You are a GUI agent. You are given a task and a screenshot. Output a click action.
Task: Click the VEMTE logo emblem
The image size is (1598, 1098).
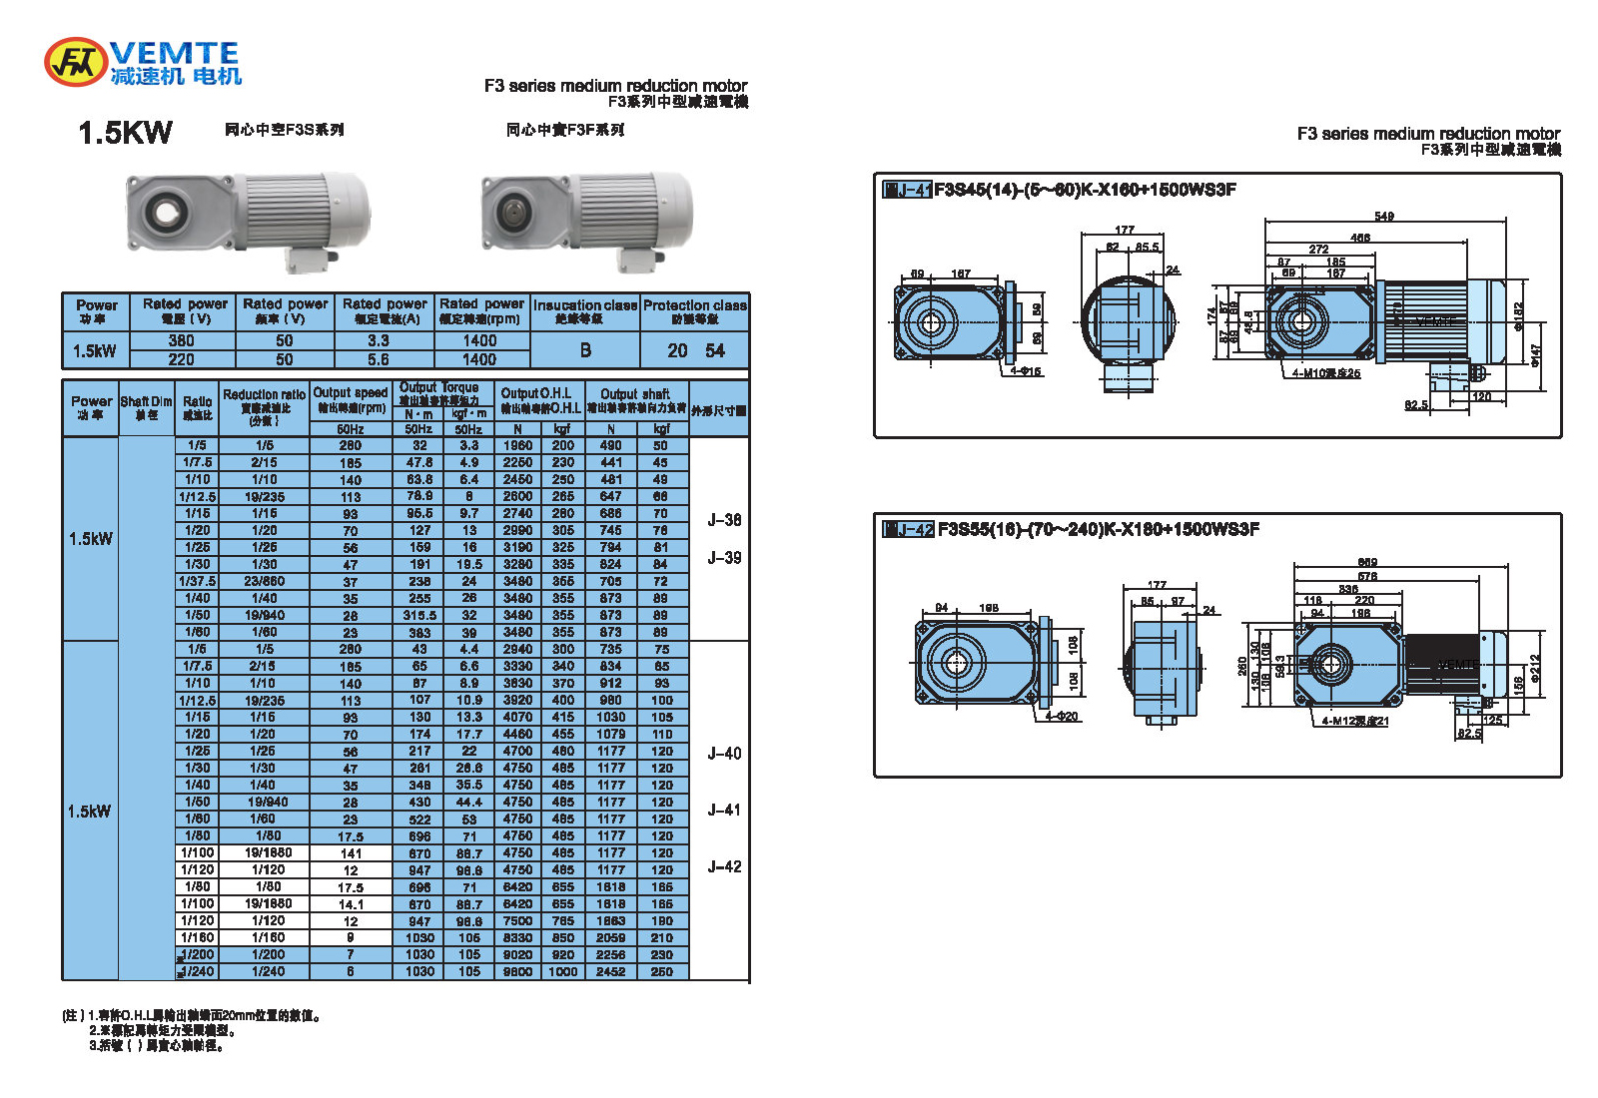[x=75, y=62]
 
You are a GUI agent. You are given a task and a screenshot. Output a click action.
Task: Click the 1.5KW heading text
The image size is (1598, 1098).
[x=125, y=133]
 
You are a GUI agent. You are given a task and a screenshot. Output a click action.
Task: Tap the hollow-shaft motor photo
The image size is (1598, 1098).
[x=248, y=218]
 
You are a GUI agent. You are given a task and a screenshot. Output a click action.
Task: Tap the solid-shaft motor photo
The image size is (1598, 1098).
[x=587, y=218]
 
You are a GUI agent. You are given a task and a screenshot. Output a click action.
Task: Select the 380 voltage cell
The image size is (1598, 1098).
[x=182, y=341]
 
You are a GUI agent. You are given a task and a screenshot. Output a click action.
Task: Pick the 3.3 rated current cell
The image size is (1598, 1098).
[x=379, y=341]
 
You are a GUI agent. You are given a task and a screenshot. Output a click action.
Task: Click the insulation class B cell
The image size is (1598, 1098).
[x=585, y=350]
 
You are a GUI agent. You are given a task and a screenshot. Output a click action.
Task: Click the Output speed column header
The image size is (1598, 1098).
[x=350, y=400]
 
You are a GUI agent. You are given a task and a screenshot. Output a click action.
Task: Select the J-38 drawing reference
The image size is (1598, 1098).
[x=724, y=520]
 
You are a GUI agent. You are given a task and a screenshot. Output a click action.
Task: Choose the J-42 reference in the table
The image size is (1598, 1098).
[x=724, y=866]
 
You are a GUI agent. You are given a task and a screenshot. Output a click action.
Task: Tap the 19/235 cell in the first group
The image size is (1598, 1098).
[x=264, y=497]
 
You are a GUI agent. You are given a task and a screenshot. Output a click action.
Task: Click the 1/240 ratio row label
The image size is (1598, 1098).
[x=198, y=971]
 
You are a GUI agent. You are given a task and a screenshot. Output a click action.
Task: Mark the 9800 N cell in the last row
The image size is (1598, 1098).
[x=517, y=971]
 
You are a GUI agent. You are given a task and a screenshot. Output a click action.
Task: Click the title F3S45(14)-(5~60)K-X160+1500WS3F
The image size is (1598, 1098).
[x=1085, y=190]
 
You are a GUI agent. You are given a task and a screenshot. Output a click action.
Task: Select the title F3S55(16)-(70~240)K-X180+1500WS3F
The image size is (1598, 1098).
[x=1098, y=529]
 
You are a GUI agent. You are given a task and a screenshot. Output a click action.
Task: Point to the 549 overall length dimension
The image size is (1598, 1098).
[x=1384, y=217]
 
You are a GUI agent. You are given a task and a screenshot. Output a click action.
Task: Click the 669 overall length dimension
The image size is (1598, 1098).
[x=1367, y=563]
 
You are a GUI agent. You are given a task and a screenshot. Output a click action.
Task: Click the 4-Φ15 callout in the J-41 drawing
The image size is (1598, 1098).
[x=1026, y=371]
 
